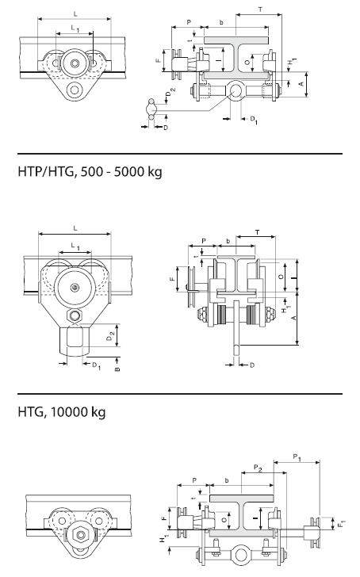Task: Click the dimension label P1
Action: pyautogui.click(x=297, y=457)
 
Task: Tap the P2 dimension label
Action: pyautogui.click(x=258, y=468)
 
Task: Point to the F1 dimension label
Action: pyautogui.click(x=341, y=523)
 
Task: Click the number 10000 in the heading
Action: pyautogui.click(x=66, y=411)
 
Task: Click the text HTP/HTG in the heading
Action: pyautogui.click(x=46, y=171)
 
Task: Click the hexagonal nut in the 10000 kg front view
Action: pyautogui.click(x=79, y=534)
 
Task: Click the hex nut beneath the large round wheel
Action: pyautogui.click(x=75, y=315)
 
